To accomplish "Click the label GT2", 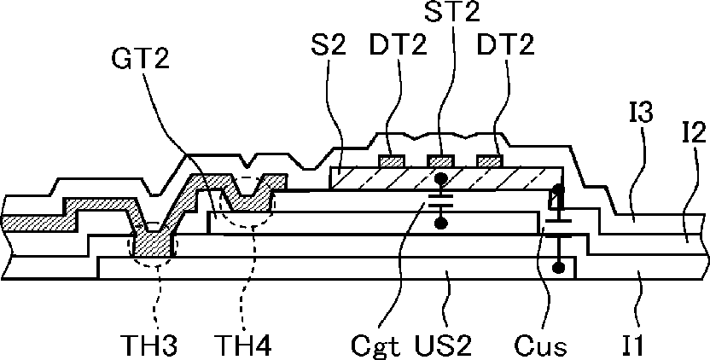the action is [139, 60].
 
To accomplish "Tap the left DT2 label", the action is [399, 46].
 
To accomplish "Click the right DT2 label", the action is [506, 46].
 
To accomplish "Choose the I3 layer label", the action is [640, 113].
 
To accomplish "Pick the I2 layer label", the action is [693, 134].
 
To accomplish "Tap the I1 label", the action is [631, 345].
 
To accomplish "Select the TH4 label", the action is [243, 345].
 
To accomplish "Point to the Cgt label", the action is [376, 346].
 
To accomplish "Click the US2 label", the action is [442, 345].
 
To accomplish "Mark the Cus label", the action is [540, 345].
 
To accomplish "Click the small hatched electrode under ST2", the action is [440, 160].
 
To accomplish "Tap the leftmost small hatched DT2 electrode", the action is [392, 160].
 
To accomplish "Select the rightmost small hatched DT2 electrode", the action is [490, 160].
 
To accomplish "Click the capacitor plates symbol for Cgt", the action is [439, 200].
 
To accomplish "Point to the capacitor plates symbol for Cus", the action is [557, 229].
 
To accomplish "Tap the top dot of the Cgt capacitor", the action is [439, 178].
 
